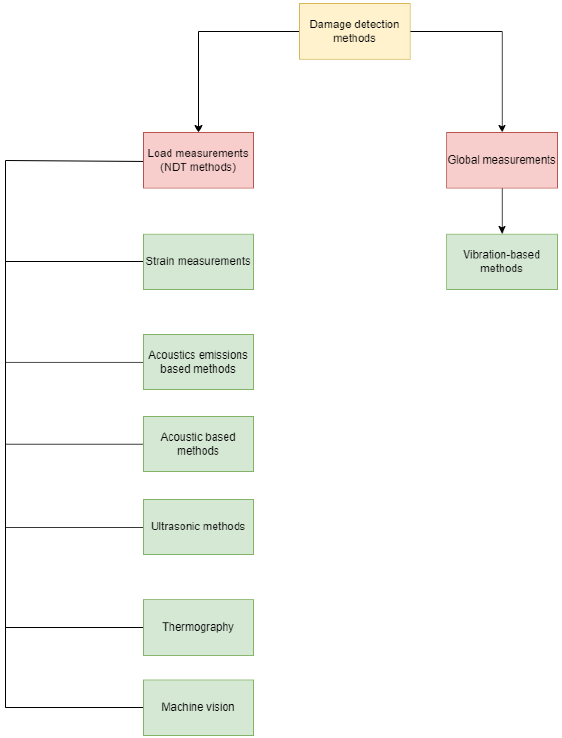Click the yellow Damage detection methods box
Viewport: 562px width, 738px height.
click(355, 32)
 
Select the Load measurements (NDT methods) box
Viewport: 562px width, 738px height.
click(198, 160)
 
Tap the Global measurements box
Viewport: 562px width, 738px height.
click(502, 160)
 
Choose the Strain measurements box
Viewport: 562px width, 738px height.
click(198, 262)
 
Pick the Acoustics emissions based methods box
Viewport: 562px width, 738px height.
click(198, 362)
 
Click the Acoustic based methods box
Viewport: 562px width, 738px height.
click(198, 444)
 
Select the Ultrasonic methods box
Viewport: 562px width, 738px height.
click(198, 527)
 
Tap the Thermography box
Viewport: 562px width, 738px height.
click(198, 627)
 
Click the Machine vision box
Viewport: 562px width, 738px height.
click(198, 708)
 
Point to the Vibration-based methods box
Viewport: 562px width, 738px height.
click(502, 262)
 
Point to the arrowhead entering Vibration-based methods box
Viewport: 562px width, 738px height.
click(502, 230)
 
